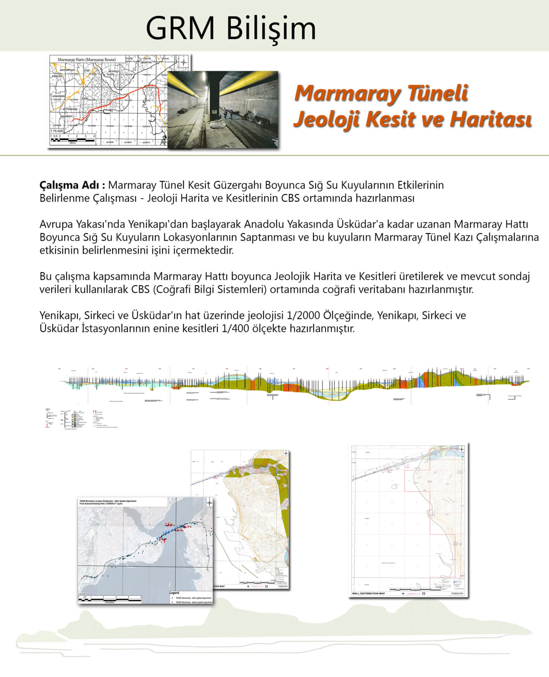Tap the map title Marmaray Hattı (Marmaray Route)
click(x=83, y=58)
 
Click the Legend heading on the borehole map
click(x=175, y=593)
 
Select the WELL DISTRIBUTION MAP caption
click(x=368, y=593)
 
